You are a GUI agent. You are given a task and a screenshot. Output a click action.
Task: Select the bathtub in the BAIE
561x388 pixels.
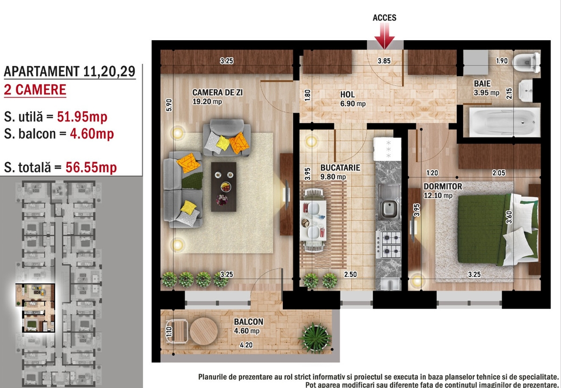tap(504, 122)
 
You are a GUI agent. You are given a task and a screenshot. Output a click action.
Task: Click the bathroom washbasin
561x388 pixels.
tap(526, 90)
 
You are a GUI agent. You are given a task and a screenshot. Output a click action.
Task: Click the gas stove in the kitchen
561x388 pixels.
tap(388, 244)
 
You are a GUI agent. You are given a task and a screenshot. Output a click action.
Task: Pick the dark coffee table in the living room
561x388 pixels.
tap(223, 187)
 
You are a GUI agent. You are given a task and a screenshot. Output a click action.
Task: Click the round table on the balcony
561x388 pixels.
tap(204, 331)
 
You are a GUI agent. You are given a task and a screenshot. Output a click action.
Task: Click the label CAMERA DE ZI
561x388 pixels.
tap(217, 93)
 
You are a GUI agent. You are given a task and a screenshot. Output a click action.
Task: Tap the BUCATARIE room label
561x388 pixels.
tap(340, 167)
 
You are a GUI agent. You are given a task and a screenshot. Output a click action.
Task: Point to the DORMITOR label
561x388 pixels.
tap(443, 187)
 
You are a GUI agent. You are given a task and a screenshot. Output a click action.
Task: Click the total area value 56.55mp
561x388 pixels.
tap(91, 167)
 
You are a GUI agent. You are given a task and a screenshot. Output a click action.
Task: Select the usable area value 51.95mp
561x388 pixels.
tap(82, 117)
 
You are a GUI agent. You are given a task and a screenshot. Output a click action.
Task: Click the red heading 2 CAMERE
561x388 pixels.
tap(35, 90)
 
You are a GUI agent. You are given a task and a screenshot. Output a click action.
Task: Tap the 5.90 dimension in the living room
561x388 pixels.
tap(169, 105)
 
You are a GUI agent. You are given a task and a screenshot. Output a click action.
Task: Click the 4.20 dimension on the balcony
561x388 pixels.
tap(246, 345)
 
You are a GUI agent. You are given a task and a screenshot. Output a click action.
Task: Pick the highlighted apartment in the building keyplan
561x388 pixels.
tap(35, 308)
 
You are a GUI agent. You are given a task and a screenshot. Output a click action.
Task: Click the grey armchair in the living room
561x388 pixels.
tap(227, 137)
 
